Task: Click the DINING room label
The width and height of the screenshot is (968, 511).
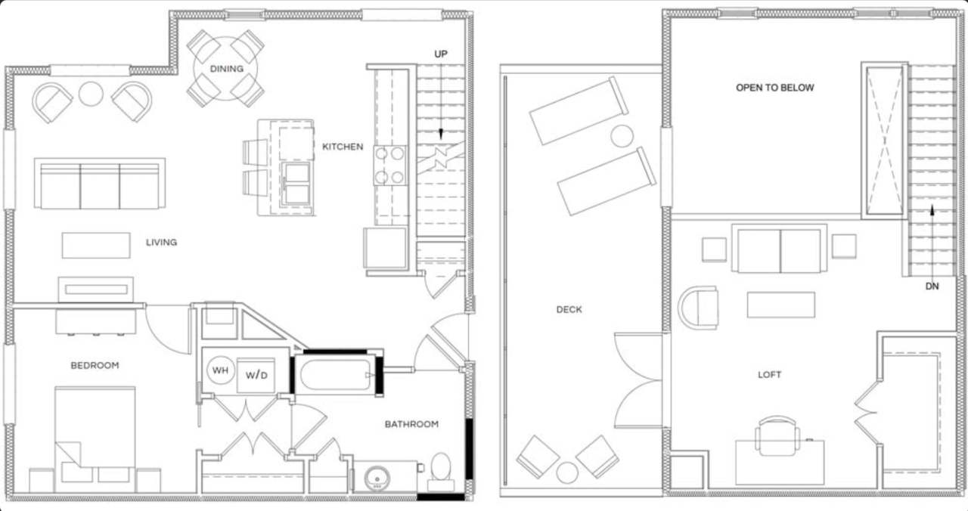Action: pyautogui.click(x=227, y=69)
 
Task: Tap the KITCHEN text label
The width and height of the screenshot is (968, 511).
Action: pyautogui.click(x=343, y=147)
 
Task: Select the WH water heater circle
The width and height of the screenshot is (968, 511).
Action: pyautogui.click(x=220, y=370)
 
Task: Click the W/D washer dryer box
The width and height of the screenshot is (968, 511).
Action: pyautogui.click(x=256, y=375)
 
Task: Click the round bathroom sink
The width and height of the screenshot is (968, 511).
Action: pyautogui.click(x=376, y=478)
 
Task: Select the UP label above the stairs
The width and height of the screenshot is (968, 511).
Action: pyautogui.click(x=441, y=54)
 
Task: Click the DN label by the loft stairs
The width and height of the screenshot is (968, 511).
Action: pyautogui.click(x=933, y=287)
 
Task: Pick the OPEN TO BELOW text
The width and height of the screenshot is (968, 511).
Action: pyautogui.click(x=775, y=88)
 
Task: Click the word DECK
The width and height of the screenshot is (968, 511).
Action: pyautogui.click(x=569, y=309)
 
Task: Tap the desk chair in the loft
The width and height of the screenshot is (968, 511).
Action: pyautogui.click(x=777, y=435)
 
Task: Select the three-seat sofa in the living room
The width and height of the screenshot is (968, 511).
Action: pyautogui.click(x=100, y=184)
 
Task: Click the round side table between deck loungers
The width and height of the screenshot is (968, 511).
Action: pyautogui.click(x=622, y=136)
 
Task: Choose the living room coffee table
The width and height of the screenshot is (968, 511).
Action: pyautogui.click(x=96, y=245)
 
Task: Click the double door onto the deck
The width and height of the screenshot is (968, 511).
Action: pyautogui.click(x=639, y=380)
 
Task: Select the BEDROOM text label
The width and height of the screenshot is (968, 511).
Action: pyautogui.click(x=95, y=365)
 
